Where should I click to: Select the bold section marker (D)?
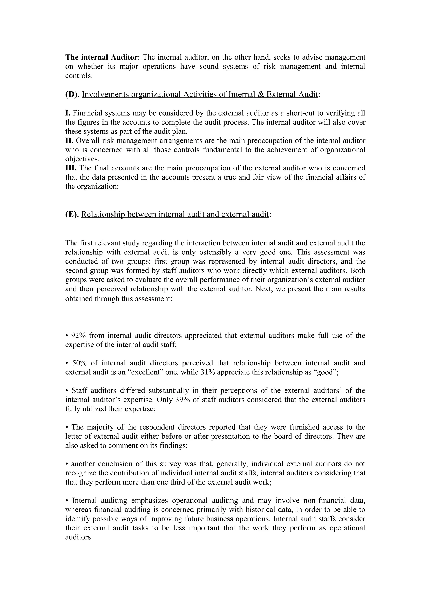tap(72, 94)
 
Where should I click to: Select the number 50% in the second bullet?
tap(79, 363)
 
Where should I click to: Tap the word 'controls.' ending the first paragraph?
tap(79, 76)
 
